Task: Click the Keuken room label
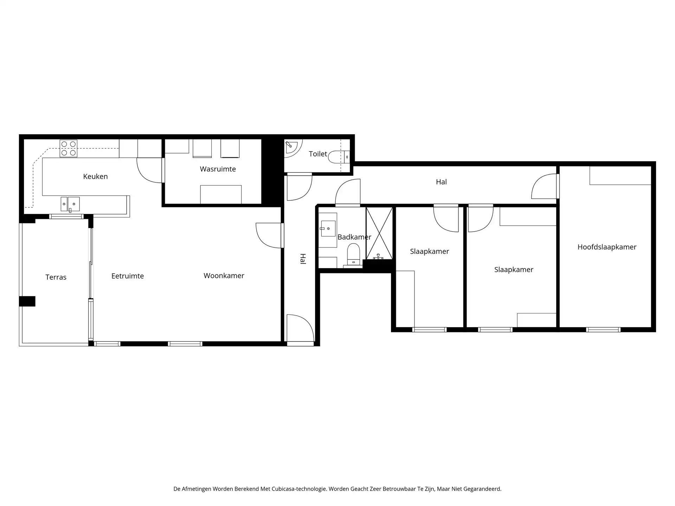coord(95,176)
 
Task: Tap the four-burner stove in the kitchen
coord(69,148)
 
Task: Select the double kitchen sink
coord(70,204)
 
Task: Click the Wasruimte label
coord(218,169)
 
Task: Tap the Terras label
coord(56,277)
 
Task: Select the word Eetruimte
coord(127,276)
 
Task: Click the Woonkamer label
coord(224,276)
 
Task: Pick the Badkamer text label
coord(354,237)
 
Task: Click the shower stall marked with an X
coord(379,233)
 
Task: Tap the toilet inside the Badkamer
coord(353,254)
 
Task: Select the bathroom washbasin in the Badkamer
coord(328,228)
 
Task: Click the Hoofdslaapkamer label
coord(607,247)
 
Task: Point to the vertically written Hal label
coord(303,259)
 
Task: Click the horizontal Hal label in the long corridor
coord(441,182)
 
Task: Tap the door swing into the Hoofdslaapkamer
coord(544,187)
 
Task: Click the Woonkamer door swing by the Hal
coord(269,235)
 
